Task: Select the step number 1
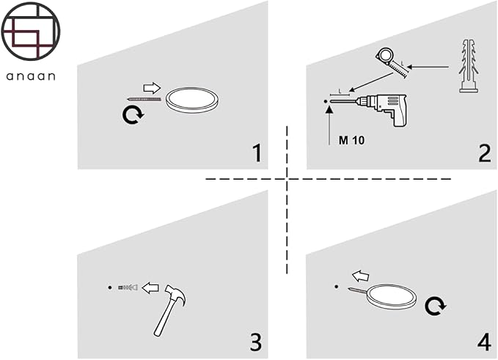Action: click(256, 153)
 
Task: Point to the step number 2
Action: click(484, 153)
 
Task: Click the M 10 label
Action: click(353, 139)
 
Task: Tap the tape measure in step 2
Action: click(390, 59)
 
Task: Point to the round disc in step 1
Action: click(192, 100)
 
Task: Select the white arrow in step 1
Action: click(151, 88)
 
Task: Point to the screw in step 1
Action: click(144, 98)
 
